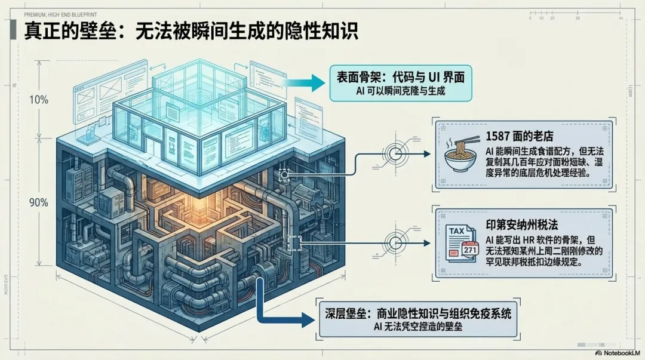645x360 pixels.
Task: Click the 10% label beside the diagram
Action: coord(39,100)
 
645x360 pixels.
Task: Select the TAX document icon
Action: coord(460,239)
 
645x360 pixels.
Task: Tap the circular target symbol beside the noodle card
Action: coord(395,154)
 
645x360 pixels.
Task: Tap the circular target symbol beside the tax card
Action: coord(395,242)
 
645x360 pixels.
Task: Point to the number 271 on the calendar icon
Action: coord(470,250)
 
